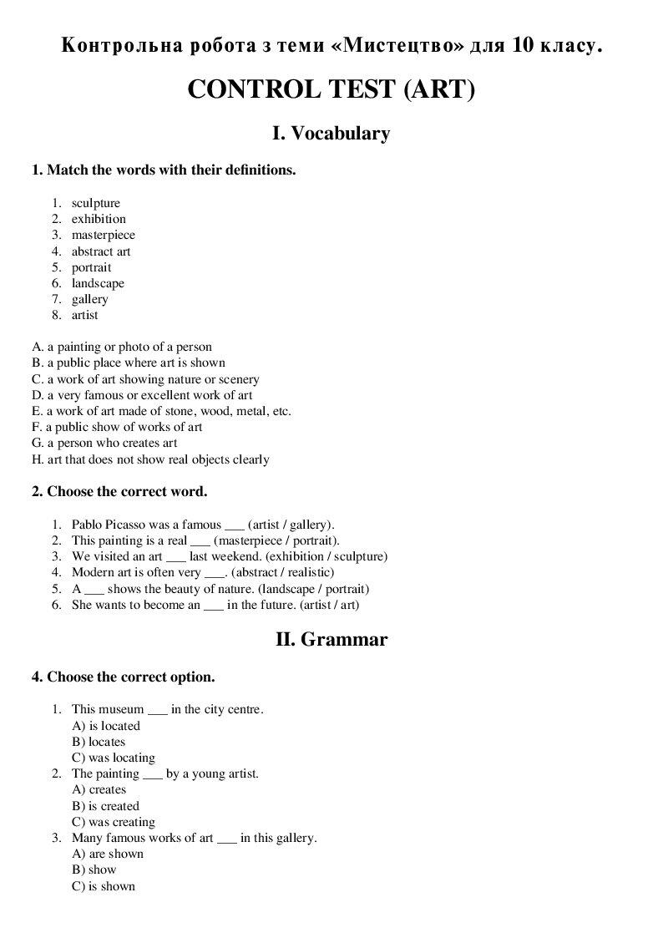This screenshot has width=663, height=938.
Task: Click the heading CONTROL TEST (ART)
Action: [331, 89]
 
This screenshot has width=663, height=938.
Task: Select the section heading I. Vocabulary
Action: [331, 133]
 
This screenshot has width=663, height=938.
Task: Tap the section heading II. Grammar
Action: [331, 640]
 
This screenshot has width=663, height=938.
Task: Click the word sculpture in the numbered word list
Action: [95, 203]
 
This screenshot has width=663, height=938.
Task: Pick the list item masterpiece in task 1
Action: [103, 235]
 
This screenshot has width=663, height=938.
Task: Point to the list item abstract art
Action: [101, 251]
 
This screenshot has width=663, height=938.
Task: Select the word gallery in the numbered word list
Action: [89, 299]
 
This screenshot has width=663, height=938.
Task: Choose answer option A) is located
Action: [106, 726]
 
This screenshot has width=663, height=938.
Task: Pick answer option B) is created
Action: [106, 806]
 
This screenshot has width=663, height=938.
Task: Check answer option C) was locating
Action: [114, 758]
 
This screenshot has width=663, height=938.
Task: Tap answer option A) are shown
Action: [108, 854]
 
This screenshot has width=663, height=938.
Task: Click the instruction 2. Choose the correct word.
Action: [119, 491]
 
